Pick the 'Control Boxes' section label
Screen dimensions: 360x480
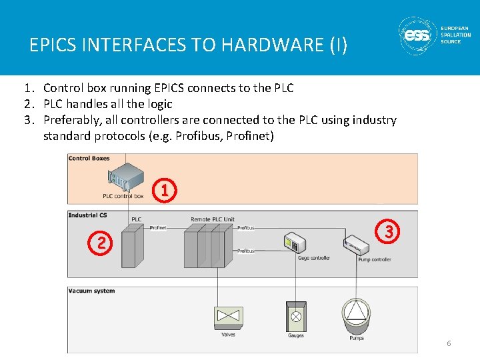click(x=89, y=159)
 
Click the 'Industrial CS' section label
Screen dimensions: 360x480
click(x=88, y=215)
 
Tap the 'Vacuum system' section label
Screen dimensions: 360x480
click(x=92, y=291)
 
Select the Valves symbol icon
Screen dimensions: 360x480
click(x=228, y=317)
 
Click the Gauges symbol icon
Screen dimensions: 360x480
click(x=295, y=316)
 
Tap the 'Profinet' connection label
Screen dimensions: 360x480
click(x=158, y=228)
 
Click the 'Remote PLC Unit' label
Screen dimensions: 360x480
click(x=212, y=219)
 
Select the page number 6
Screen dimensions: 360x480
click(x=449, y=343)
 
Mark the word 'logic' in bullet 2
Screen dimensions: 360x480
click(x=159, y=104)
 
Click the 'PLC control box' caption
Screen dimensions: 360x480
click(x=123, y=196)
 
